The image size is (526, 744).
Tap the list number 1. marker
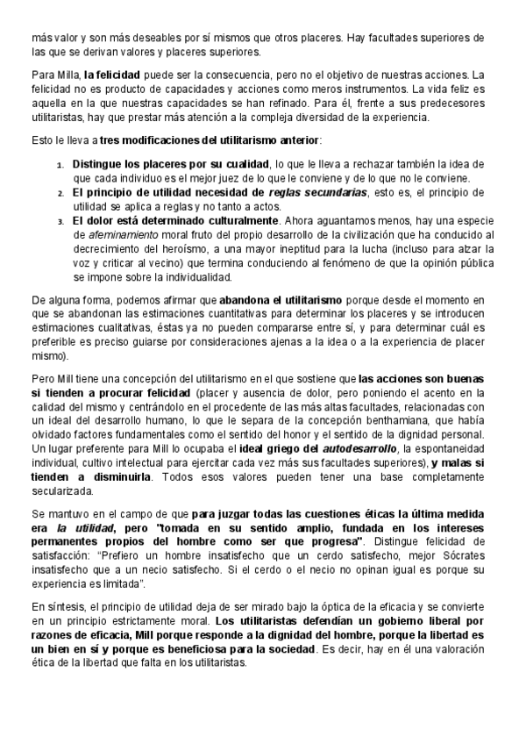click(60, 165)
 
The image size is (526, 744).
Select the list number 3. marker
click(60, 220)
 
